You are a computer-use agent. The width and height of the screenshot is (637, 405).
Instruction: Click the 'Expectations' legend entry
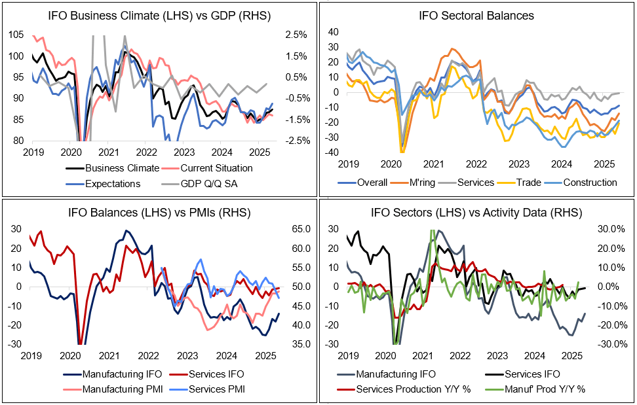pos(112,184)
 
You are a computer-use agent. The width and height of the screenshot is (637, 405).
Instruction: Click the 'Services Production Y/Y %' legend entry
pos(421,388)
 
